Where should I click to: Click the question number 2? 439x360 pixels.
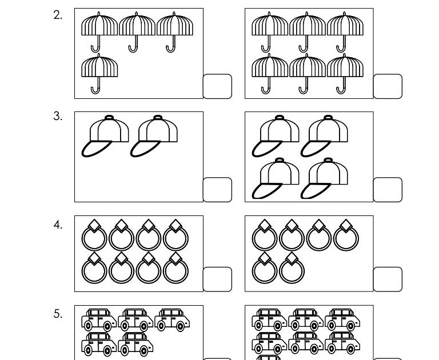point(58,15)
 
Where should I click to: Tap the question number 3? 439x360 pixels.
point(58,117)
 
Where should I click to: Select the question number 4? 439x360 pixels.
point(58,225)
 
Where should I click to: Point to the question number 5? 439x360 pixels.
point(58,313)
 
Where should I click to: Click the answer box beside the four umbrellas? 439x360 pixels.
point(218,86)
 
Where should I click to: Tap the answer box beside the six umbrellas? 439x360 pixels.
point(388,86)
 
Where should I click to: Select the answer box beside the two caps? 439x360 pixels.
point(218,189)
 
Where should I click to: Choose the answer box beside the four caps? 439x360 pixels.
point(388,189)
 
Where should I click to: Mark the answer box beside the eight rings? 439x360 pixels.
point(218,279)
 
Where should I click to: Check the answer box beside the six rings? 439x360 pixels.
point(388,279)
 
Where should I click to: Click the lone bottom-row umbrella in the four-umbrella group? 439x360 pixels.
point(99,71)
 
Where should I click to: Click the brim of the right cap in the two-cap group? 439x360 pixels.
point(143,148)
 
